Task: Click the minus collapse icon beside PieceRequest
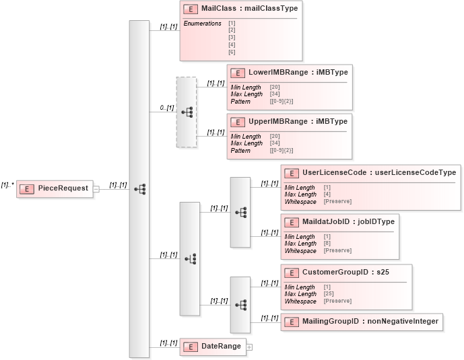[x=96, y=189]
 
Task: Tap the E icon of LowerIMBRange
[x=236, y=71]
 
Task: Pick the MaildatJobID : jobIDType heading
[x=348, y=221]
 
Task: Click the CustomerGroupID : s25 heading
[x=346, y=272]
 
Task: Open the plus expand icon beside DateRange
[x=249, y=347]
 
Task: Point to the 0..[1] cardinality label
[x=166, y=108]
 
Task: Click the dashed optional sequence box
[x=186, y=112]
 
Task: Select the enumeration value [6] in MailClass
[x=232, y=52]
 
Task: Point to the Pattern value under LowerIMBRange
[x=281, y=102]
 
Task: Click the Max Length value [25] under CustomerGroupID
[x=329, y=294]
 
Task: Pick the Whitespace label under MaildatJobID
[x=300, y=251]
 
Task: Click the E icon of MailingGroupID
[x=290, y=322]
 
